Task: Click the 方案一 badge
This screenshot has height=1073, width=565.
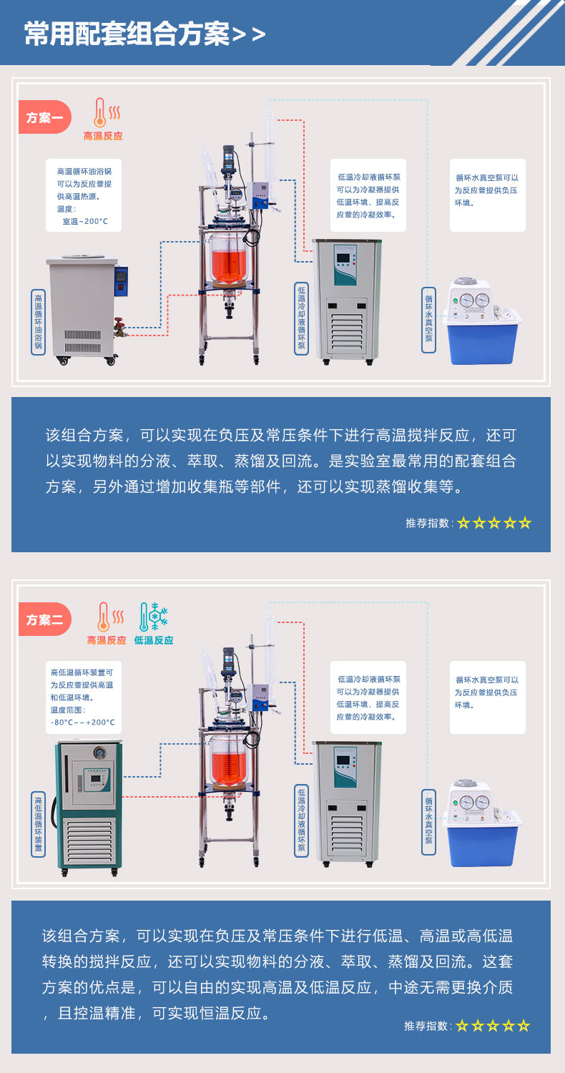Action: click(x=44, y=117)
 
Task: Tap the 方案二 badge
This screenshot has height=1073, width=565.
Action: click(x=44, y=619)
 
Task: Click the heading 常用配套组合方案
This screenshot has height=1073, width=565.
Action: click(x=127, y=34)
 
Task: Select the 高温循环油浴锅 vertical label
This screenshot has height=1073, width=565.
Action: click(x=39, y=322)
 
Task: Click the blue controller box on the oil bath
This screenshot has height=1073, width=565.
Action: click(x=121, y=280)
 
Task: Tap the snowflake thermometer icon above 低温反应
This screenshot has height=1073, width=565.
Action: click(x=153, y=617)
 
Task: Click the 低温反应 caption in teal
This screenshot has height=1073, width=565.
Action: click(x=154, y=640)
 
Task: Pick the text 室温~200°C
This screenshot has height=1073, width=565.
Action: click(x=85, y=221)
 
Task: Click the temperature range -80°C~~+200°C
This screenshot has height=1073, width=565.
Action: click(x=83, y=722)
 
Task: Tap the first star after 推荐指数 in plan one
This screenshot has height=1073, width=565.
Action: click(x=463, y=523)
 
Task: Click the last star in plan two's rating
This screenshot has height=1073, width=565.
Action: click(x=524, y=1026)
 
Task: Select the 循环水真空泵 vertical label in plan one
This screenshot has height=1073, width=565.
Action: click(x=428, y=320)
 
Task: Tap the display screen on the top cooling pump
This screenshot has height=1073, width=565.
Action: click(x=343, y=259)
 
